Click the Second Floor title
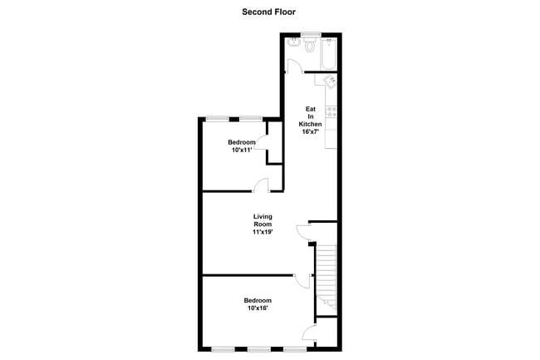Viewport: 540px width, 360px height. point(269,12)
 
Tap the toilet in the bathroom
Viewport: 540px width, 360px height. point(311,46)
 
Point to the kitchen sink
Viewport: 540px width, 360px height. point(330,81)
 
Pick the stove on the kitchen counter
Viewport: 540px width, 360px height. point(331,110)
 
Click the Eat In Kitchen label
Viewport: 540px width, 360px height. point(311,116)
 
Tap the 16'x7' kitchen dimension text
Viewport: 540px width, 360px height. point(311,132)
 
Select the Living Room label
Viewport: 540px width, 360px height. point(263,220)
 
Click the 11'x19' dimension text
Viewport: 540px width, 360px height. point(263,232)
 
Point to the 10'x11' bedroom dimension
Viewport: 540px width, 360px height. point(242,150)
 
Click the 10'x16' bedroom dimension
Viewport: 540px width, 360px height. point(258,308)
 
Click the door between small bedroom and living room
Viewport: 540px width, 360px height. point(261,185)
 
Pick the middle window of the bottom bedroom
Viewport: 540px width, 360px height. point(259,349)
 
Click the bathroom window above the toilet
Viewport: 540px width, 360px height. point(311,33)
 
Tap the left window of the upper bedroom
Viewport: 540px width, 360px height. point(218,117)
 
